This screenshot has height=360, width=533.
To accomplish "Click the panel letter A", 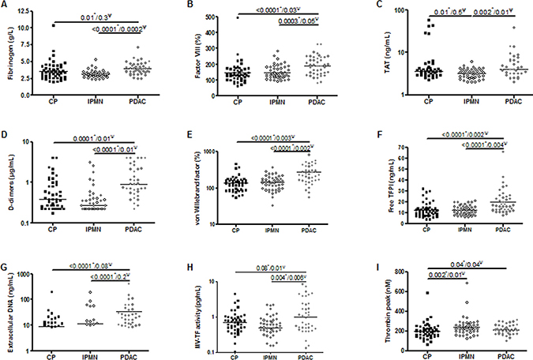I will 6,8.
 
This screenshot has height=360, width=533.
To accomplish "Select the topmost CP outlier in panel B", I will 214,17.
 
